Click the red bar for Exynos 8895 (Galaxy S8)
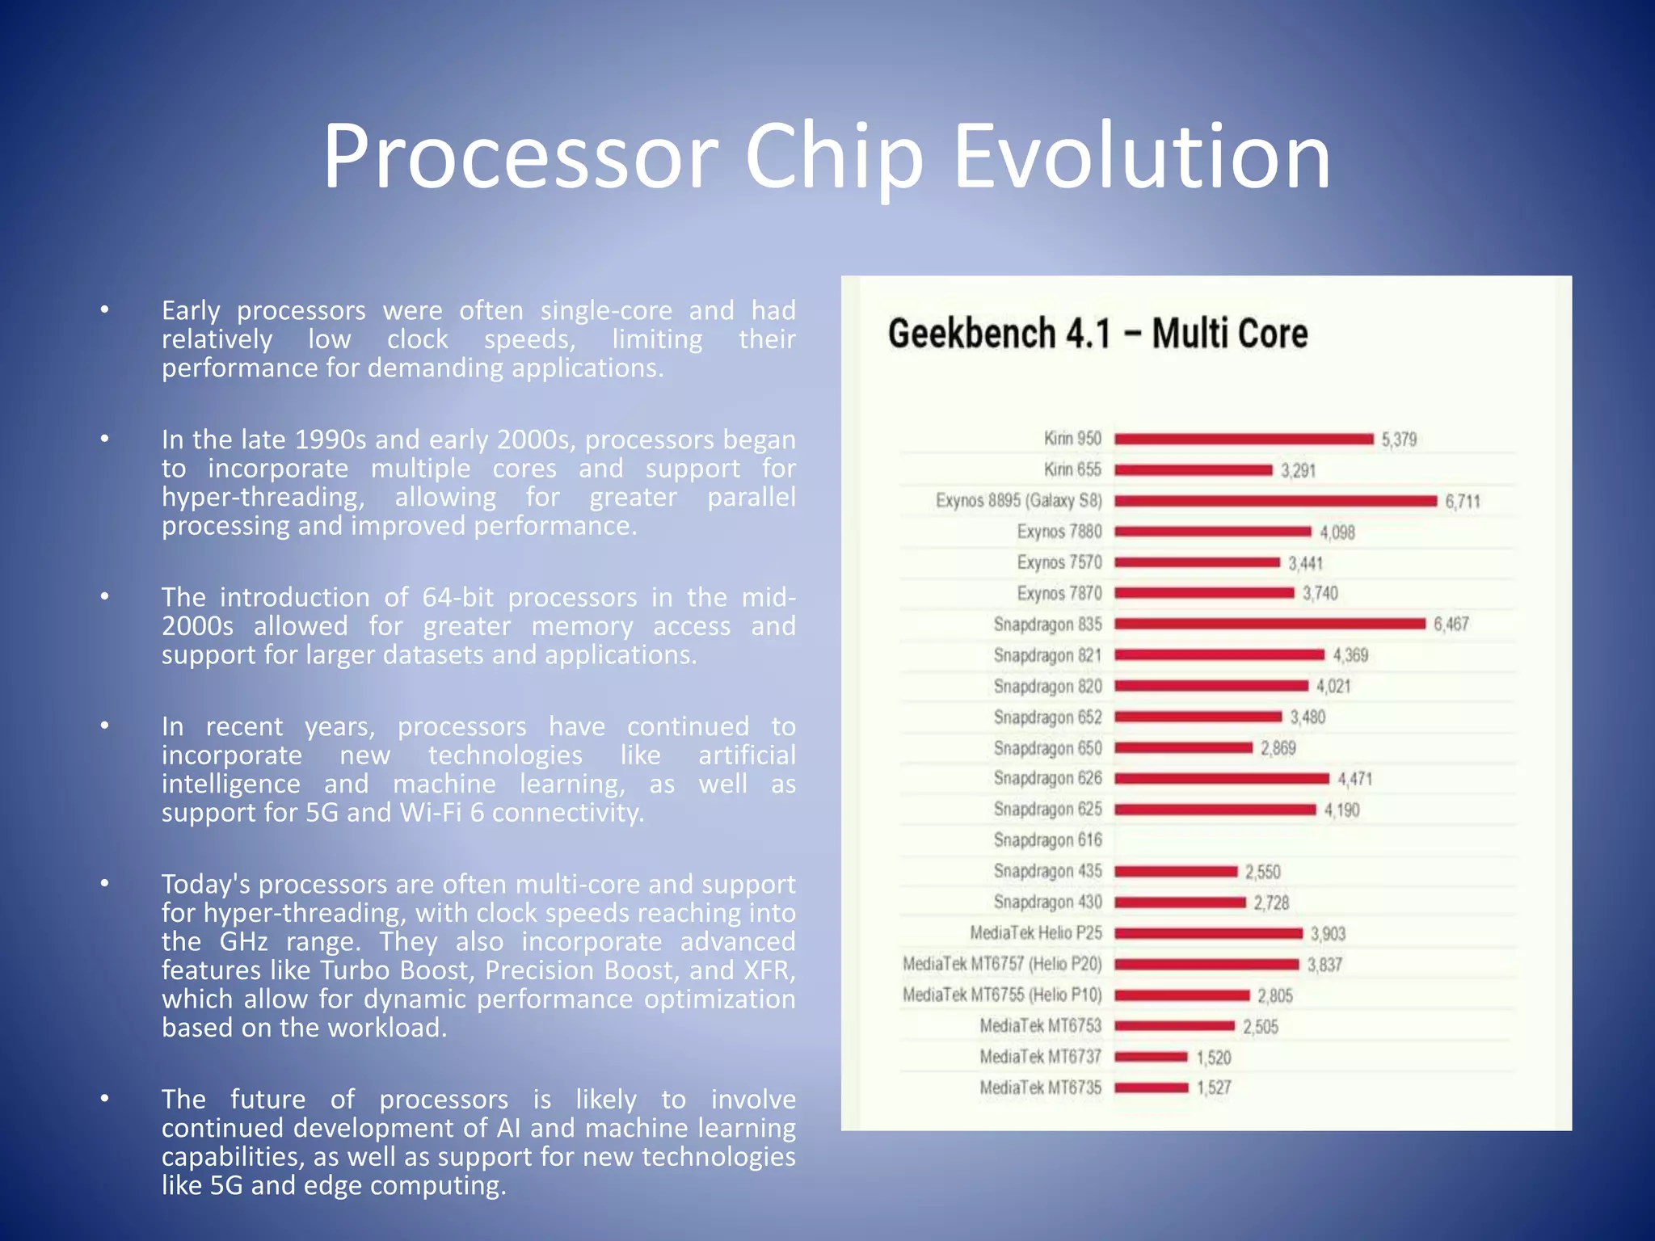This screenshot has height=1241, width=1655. click(1275, 501)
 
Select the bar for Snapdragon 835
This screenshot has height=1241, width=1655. click(1270, 624)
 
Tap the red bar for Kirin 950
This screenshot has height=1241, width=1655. click(1244, 439)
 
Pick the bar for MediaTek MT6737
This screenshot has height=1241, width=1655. click(1151, 1057)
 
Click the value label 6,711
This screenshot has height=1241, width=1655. click(1463, 502)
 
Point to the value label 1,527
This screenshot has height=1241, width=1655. click(1214, 1088)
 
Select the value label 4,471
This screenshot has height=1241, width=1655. click(1354, 779)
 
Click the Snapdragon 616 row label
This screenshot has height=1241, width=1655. click(1047, 840)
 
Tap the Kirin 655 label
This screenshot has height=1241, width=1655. click(1072, 469)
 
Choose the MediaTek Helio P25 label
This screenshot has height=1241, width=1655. click(1036, 933)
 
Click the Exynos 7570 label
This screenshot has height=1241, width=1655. click(1059, 562)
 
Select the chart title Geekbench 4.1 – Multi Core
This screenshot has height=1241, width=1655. click(1097, 334)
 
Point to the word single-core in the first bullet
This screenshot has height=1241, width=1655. click(606, 311)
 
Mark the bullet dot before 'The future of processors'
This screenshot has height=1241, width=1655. click(104, 1099)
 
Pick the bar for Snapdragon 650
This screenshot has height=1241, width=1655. click(1183, 748)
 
